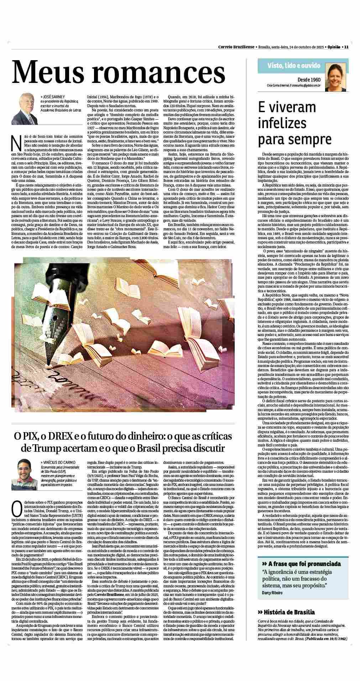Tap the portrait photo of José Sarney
(x=26, y=109)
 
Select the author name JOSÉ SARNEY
(x=53, y=96)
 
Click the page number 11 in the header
(x=346, y=47)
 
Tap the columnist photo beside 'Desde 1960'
(x=335, y=76)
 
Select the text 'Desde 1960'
(x=309, y=80)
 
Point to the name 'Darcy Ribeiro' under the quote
(x=273, y=593)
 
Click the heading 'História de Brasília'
(x=289, y=612)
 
